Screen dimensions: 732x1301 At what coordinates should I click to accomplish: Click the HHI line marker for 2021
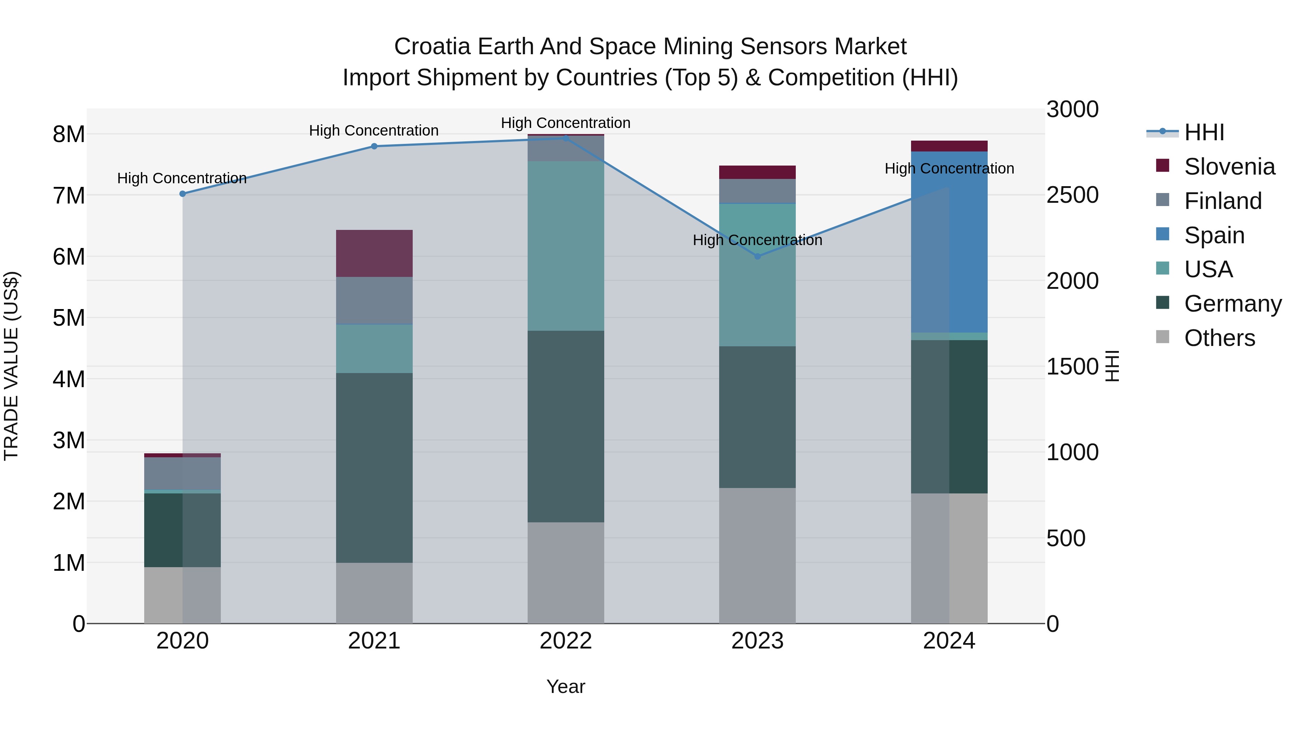[374, 146]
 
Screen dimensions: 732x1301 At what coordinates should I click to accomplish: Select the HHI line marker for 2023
[757, 257]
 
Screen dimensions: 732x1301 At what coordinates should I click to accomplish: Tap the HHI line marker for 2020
[183, 194]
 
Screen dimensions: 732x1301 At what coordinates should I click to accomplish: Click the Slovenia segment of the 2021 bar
[374, 254]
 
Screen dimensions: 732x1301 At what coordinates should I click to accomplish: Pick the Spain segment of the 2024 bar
[949, 243]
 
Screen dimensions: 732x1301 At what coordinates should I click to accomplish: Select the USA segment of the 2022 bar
[566, 246]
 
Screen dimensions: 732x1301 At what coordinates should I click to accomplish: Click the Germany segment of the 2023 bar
[757, 417]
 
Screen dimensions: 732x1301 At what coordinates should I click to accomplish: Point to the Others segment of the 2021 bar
[374, 593]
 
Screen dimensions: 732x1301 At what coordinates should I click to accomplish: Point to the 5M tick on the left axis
[69, 318]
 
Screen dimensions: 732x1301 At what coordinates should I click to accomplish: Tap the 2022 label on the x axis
[566, 641]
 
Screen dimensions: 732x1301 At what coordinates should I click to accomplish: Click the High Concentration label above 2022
[566, 123]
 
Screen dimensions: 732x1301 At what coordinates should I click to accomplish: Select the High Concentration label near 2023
[757, 240]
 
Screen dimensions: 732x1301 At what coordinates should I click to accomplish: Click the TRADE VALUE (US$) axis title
[12, 366]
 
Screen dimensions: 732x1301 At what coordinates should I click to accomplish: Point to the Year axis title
[566, 686]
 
